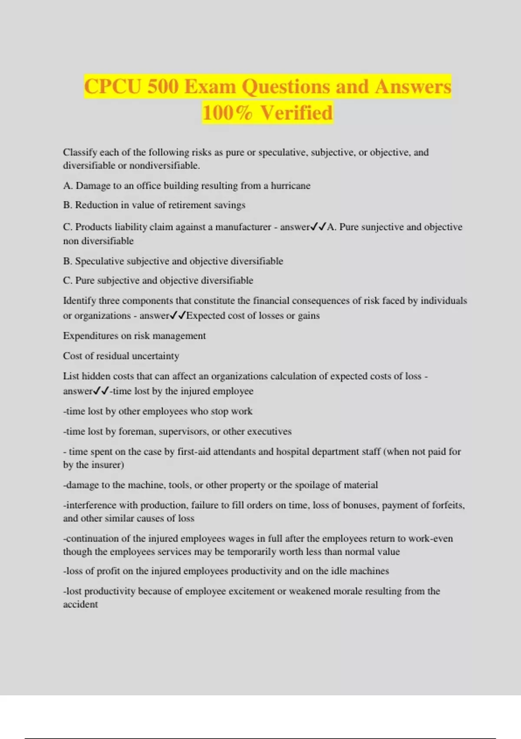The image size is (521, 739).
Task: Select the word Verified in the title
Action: coord(297,113)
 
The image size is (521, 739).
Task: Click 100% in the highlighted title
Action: coord(227,113)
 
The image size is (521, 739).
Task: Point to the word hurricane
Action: coord(290,186)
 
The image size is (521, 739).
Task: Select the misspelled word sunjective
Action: coord(383,227)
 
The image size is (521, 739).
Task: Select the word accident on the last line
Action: coord(80,604)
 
